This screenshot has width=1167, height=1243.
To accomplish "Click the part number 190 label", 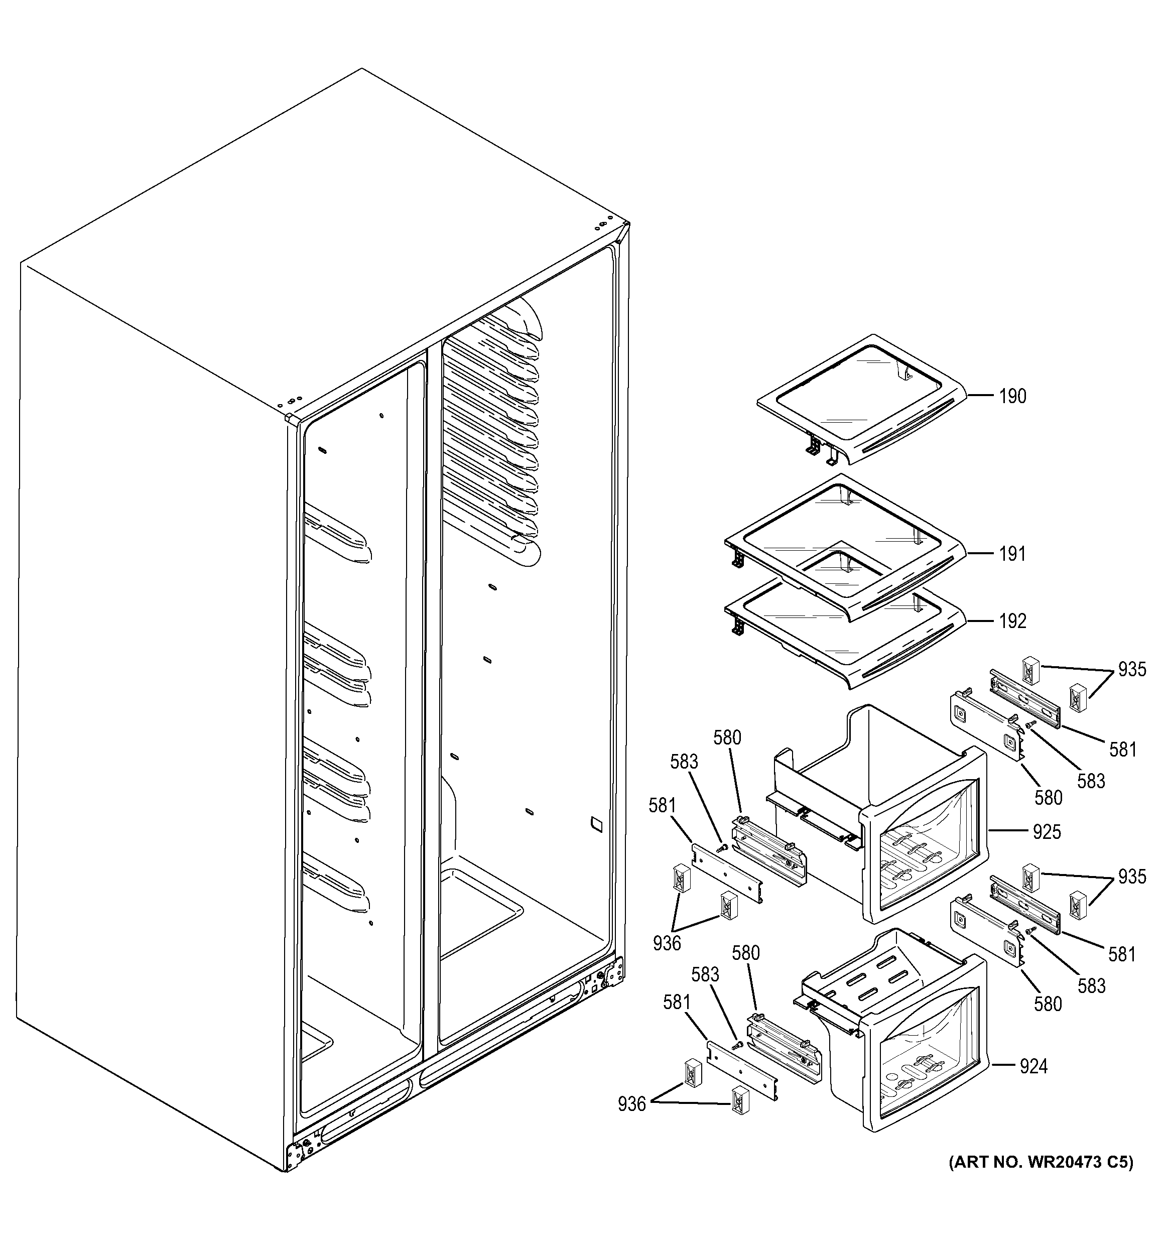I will coord(1012,397).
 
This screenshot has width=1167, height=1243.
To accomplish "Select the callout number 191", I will coord(1012,554).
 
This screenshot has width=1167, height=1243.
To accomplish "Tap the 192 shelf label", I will coord(1012,621).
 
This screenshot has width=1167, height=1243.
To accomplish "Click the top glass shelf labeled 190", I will coord(863,407).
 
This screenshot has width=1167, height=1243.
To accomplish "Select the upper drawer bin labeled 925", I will coord(887,813).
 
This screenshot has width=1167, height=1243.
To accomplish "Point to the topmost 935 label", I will coord(1132,670).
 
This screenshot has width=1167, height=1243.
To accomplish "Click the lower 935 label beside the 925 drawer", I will coord(1132,877).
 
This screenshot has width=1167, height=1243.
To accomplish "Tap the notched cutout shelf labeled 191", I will coord(844,544).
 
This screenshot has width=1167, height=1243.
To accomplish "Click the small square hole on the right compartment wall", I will coord(597,824).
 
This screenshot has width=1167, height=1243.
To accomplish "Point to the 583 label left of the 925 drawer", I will coord(684,762).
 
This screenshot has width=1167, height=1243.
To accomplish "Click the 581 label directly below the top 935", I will coord(1123,749).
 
